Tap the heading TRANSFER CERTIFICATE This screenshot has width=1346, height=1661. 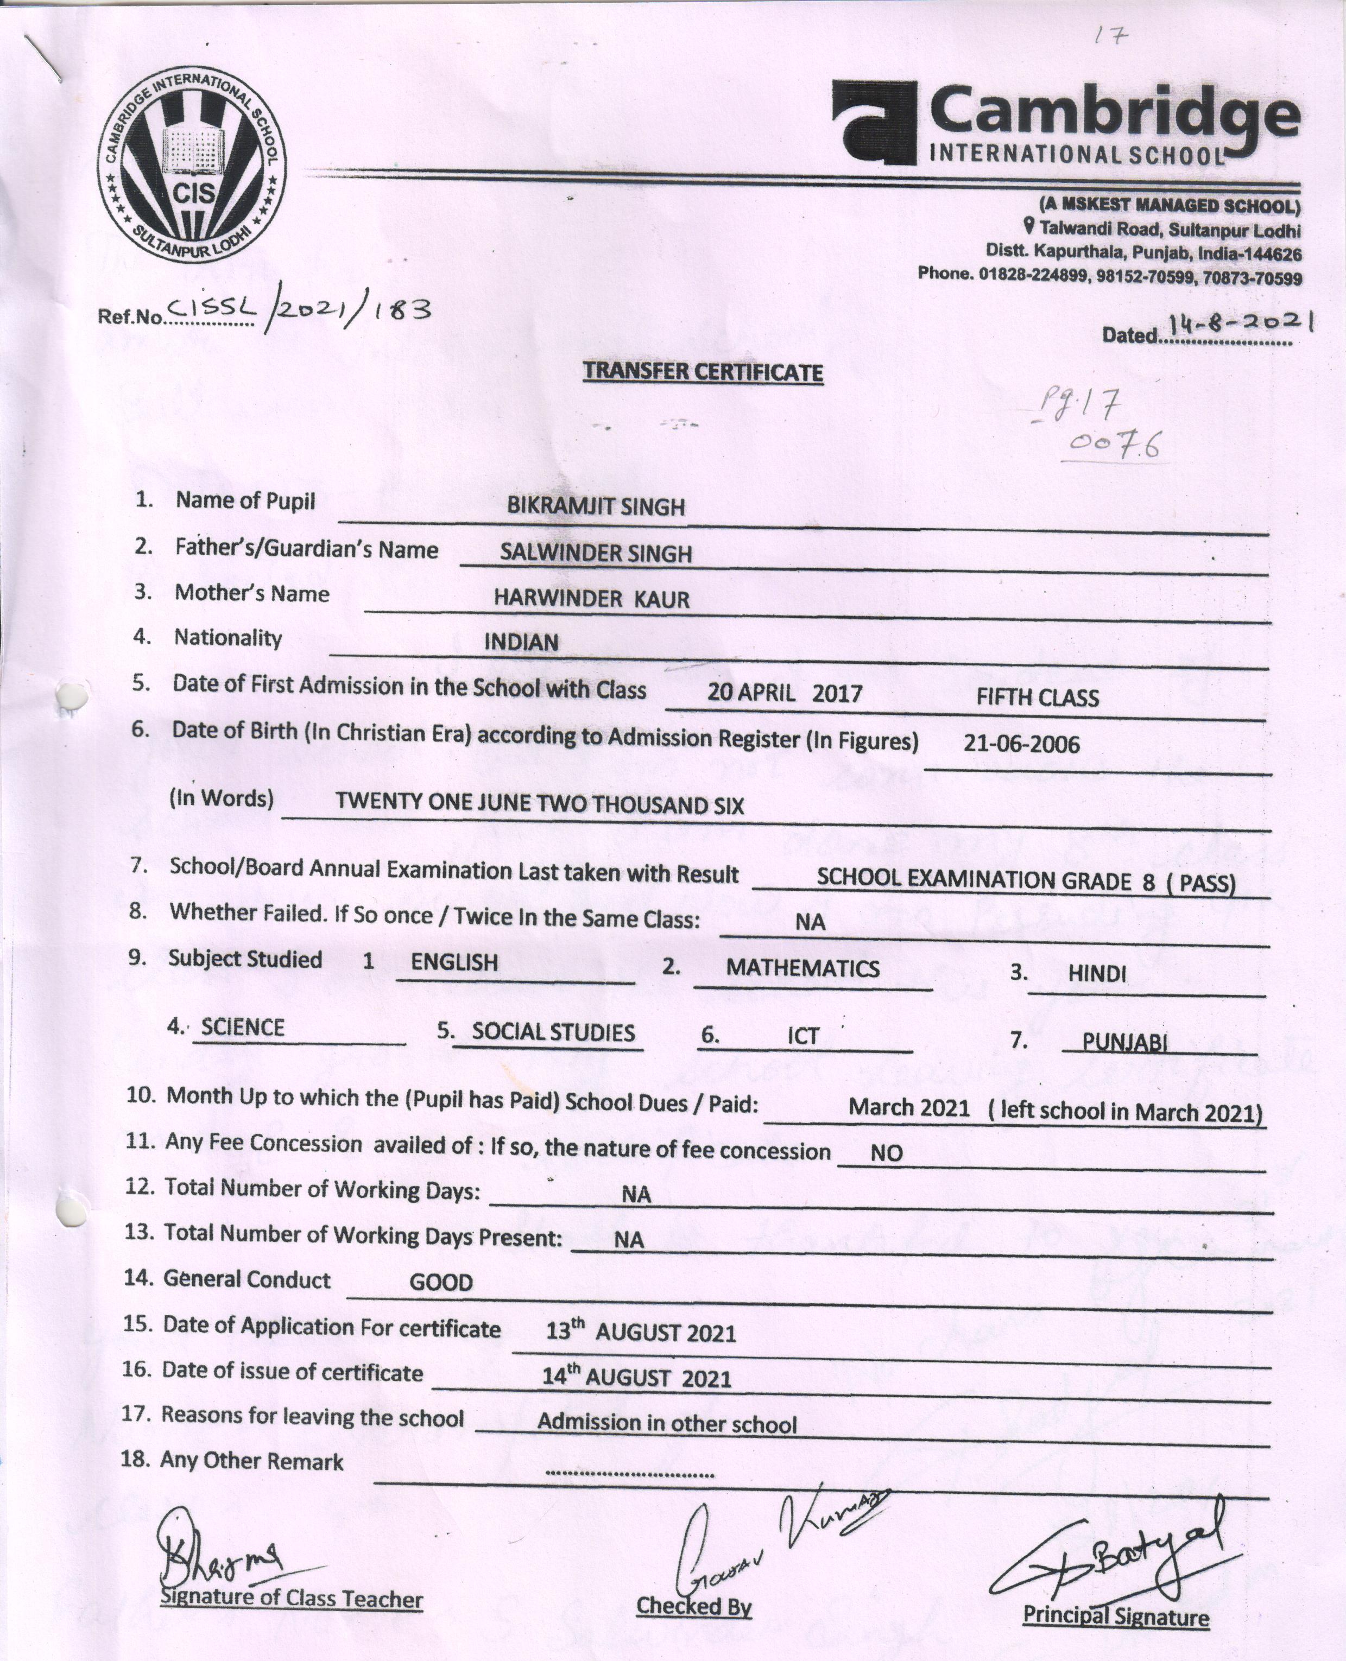click(703, 372)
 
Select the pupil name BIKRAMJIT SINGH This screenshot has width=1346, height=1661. click(596, 507)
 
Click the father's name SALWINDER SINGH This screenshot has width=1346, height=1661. click(596, 554)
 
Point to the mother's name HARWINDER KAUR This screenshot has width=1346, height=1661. click(592, 598)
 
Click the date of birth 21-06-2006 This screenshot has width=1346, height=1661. click(1021, 745)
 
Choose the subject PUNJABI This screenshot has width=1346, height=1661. click(1124, 1043)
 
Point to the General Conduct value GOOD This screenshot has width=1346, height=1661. click(440, 1283)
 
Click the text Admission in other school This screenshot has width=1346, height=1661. click(667, 1424)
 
